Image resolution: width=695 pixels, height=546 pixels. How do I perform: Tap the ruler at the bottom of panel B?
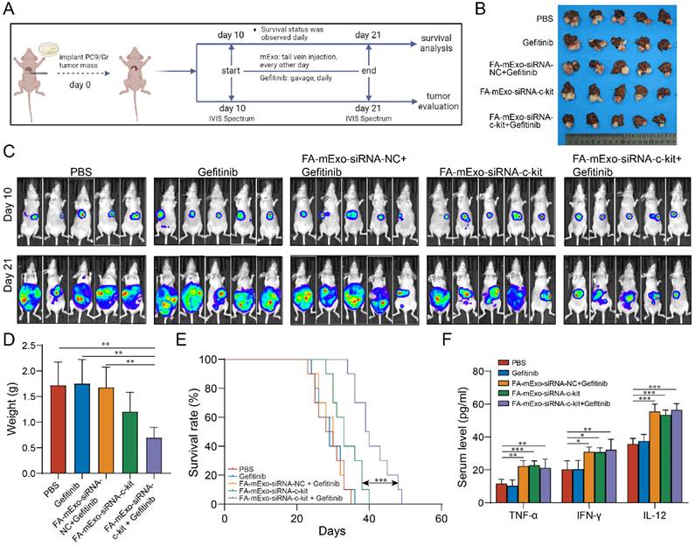click(x=625, y=139)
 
